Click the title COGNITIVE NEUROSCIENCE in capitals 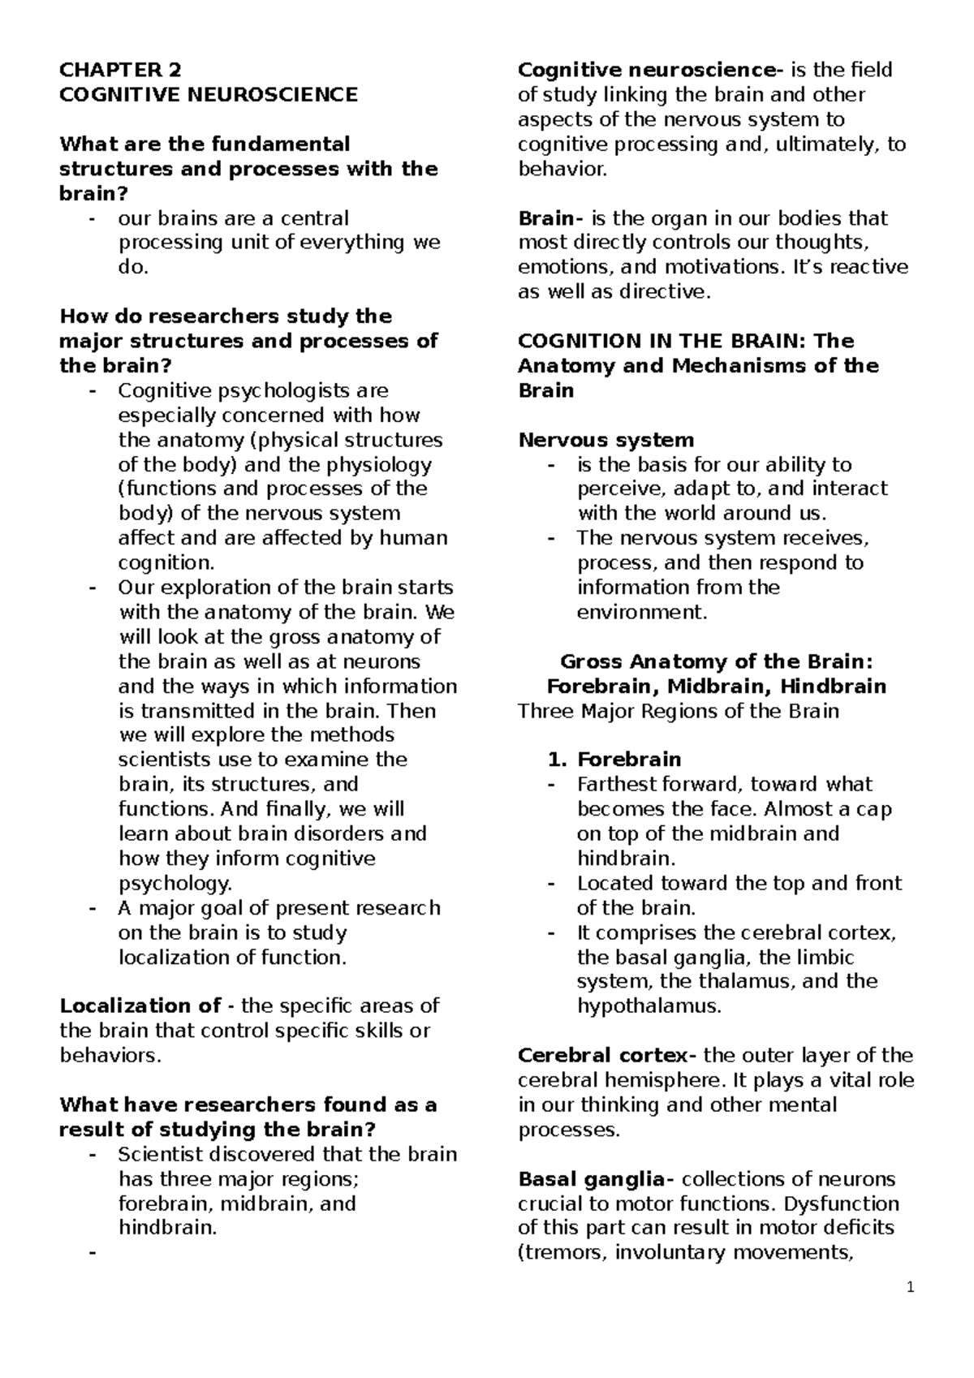coord(209,95)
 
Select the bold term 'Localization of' coord(140,1006)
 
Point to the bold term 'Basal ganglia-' coord(597,1179)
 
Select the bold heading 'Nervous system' coord(606,441)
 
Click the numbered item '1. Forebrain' coord(614,760)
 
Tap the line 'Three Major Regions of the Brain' coord(678,712)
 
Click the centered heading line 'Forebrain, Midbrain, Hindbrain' coord(716,687)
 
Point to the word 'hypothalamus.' coord(649,1007)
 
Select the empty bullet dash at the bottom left coord(91,1253)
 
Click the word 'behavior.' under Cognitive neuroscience coord(562,170)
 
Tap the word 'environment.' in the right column coord(642,613)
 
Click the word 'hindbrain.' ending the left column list coord(168,1228)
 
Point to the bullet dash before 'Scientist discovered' coord(91,1154)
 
